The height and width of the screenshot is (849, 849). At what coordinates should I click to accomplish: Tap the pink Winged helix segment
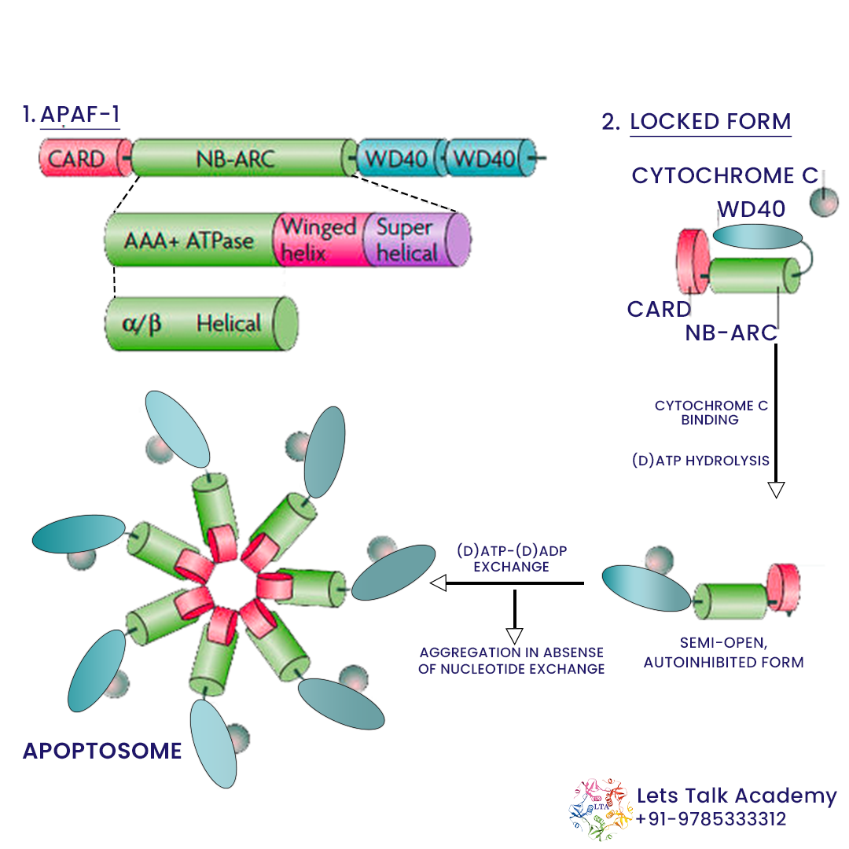tap(318, 240)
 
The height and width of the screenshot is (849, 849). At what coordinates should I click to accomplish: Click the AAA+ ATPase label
tap(189, 240)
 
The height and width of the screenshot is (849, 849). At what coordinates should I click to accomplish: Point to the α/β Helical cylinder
tap(200, 323)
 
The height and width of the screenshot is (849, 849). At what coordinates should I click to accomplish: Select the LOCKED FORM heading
tap(710, 122)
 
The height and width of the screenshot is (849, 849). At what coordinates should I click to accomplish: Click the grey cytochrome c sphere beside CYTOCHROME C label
tap(825, 201)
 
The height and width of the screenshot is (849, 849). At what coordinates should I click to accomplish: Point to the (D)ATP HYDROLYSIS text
tap(700, 461)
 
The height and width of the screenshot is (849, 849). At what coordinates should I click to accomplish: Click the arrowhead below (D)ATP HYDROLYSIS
tap(776, 490)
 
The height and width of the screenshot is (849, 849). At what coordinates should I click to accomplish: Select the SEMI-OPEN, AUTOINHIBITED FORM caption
tap(723, 653)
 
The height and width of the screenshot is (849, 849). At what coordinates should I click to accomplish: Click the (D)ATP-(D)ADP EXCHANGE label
tap(511, 558)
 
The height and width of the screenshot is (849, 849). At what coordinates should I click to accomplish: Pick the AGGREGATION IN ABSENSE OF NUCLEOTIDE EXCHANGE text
tap(511, 660)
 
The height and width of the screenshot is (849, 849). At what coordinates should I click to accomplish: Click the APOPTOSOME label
tap(102, 751)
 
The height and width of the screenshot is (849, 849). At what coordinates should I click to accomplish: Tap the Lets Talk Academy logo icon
tap(600, 807)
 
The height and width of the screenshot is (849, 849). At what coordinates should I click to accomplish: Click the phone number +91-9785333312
tap(711, 819)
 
